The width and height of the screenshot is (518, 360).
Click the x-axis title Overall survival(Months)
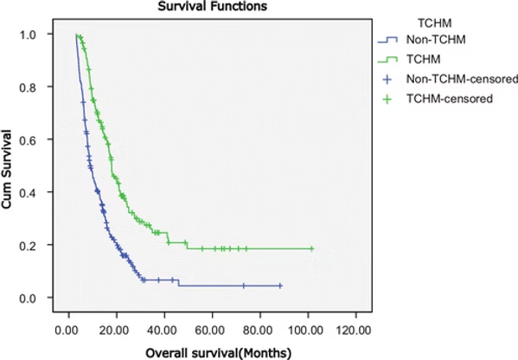click(219, 351)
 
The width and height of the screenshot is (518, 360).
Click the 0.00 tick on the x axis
click(67, 329)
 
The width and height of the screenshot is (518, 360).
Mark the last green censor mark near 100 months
click(312, 248)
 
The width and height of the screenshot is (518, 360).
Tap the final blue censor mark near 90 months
click(279, 286)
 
